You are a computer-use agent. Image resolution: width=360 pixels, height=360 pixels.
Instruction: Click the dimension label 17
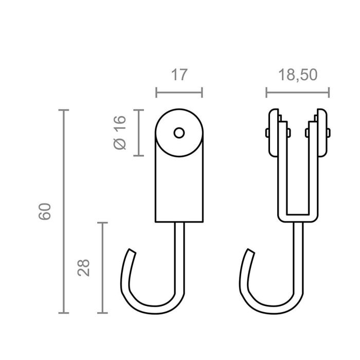178,75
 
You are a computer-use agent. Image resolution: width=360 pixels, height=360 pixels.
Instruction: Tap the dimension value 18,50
298,75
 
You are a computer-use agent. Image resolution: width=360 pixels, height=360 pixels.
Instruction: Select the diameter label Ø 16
119,133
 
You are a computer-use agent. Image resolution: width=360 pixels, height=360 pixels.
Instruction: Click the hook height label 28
84,267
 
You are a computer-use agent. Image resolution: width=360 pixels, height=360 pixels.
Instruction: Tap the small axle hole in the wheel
178,133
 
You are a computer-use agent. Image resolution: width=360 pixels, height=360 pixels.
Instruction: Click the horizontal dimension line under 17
178,93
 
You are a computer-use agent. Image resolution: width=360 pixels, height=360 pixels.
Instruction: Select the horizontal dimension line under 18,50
298,93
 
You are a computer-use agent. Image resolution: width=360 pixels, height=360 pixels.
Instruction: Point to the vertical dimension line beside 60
64,211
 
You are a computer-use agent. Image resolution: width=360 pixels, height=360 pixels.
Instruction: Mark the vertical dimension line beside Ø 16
138,133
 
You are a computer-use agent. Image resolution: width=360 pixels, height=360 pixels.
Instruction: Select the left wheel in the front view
273,133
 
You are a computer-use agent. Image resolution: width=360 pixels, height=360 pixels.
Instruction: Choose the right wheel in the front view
322,133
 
